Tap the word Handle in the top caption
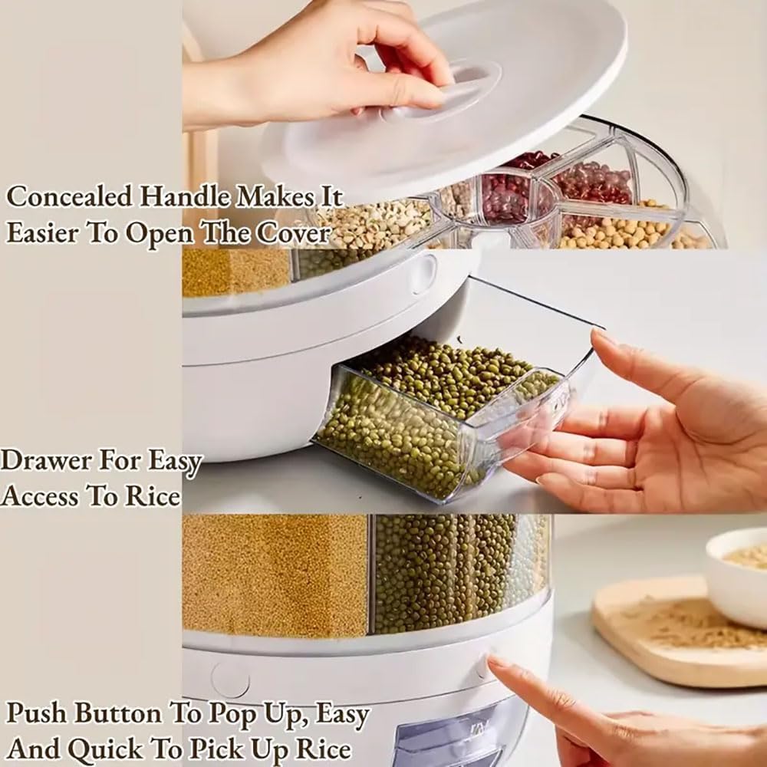pos(183,197)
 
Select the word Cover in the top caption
pos(293,233)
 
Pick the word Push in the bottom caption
pos(38,714)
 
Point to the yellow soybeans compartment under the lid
pos(614,229)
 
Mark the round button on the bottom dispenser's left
pos(230,680)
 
